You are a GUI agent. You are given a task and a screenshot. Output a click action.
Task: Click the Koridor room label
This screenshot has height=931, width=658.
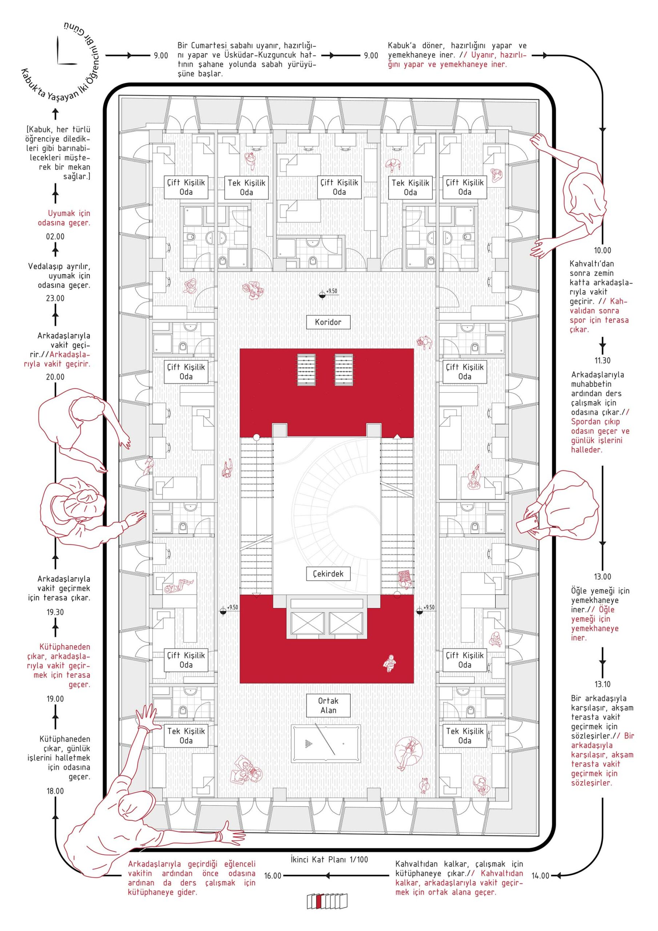(328, 322)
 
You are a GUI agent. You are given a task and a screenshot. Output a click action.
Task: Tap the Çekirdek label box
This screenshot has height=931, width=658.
(328, 574)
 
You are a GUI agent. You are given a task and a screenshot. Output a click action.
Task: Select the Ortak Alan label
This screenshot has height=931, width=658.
(328, 705)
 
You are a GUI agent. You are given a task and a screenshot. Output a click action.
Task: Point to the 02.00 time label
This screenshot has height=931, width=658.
(55, 236)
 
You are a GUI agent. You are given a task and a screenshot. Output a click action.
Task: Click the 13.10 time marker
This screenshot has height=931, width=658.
(602, 684)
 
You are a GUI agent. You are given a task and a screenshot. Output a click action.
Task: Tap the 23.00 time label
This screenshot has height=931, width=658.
(55, 298)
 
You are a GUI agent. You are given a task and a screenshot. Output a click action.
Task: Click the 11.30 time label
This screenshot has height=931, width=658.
(602, 360)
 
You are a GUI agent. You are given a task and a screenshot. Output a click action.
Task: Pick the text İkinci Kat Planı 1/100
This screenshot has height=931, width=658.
(329, 871)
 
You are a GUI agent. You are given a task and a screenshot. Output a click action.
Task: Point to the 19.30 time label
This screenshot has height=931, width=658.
(55, 612)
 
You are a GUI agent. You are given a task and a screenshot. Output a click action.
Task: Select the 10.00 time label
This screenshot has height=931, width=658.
(602, 251)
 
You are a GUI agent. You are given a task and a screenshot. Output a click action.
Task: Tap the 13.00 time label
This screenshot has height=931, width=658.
(602, 577)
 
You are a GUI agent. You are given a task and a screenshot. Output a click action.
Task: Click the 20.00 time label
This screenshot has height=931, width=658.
(55, 377)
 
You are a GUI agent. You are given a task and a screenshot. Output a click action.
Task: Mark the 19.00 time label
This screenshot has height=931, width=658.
(55, 699)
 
